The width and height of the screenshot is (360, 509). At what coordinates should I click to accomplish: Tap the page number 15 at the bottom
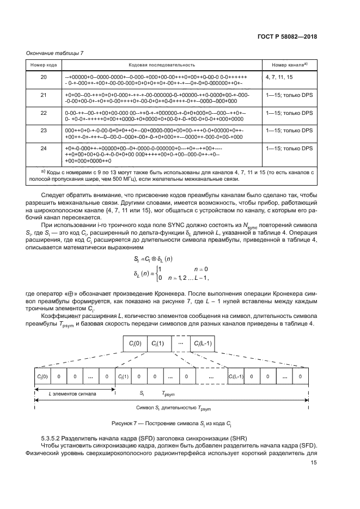point(314,463)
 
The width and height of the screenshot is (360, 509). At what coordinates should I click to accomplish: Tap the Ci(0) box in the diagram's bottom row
point(40,376)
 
